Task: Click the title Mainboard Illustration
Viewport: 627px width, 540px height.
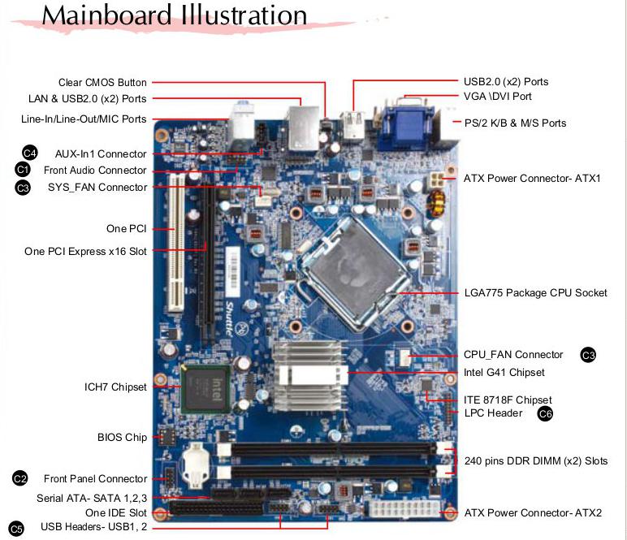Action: (175, 15)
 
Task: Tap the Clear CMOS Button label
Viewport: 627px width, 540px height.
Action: (102, 82)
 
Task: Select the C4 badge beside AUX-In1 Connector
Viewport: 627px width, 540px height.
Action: (30, 153)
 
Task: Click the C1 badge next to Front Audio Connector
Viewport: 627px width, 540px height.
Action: (23, 170)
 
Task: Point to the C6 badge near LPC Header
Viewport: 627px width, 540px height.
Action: (546, 413)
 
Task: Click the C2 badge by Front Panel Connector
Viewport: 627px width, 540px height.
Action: (20, 478)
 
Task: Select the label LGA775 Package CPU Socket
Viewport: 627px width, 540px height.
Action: (535, 292)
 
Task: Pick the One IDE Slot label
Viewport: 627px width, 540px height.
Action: (116, 513)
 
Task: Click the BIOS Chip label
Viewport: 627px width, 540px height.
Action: (122, 438)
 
